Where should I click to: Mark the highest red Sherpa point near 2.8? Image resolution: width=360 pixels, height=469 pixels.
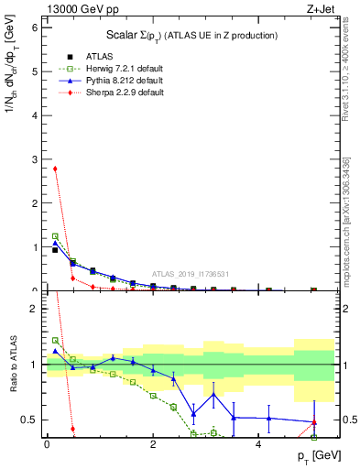[55, 169]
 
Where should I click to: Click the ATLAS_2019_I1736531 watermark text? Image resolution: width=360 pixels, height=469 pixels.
[192, 273]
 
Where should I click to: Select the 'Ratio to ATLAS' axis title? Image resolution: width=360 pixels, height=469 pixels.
[13, 364]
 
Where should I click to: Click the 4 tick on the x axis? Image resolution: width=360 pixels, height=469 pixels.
[259, 444]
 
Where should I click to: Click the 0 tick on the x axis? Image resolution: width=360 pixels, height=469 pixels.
[47, 444]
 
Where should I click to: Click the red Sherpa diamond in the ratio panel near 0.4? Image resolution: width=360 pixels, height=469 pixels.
[72, 429]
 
